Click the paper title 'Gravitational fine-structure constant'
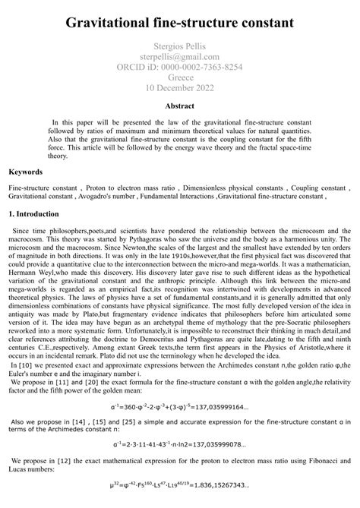pyautogui.click(x=180, y=24)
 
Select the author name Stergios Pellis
pyautogui.click(x=180, y=47)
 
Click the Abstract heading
pyautogui.click(x=180, y=106)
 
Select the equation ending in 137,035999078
pyautogui.click(x=180, y=464)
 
